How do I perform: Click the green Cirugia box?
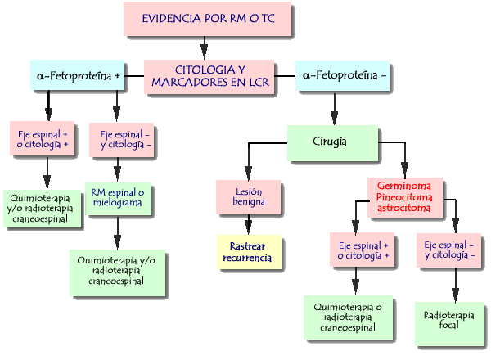pos(331,142)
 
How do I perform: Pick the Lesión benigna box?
pos(246,197)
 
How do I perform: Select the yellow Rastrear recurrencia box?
pos(250,252)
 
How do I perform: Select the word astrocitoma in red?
pos(410,209)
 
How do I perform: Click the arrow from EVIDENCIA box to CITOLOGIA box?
pos(203,47)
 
